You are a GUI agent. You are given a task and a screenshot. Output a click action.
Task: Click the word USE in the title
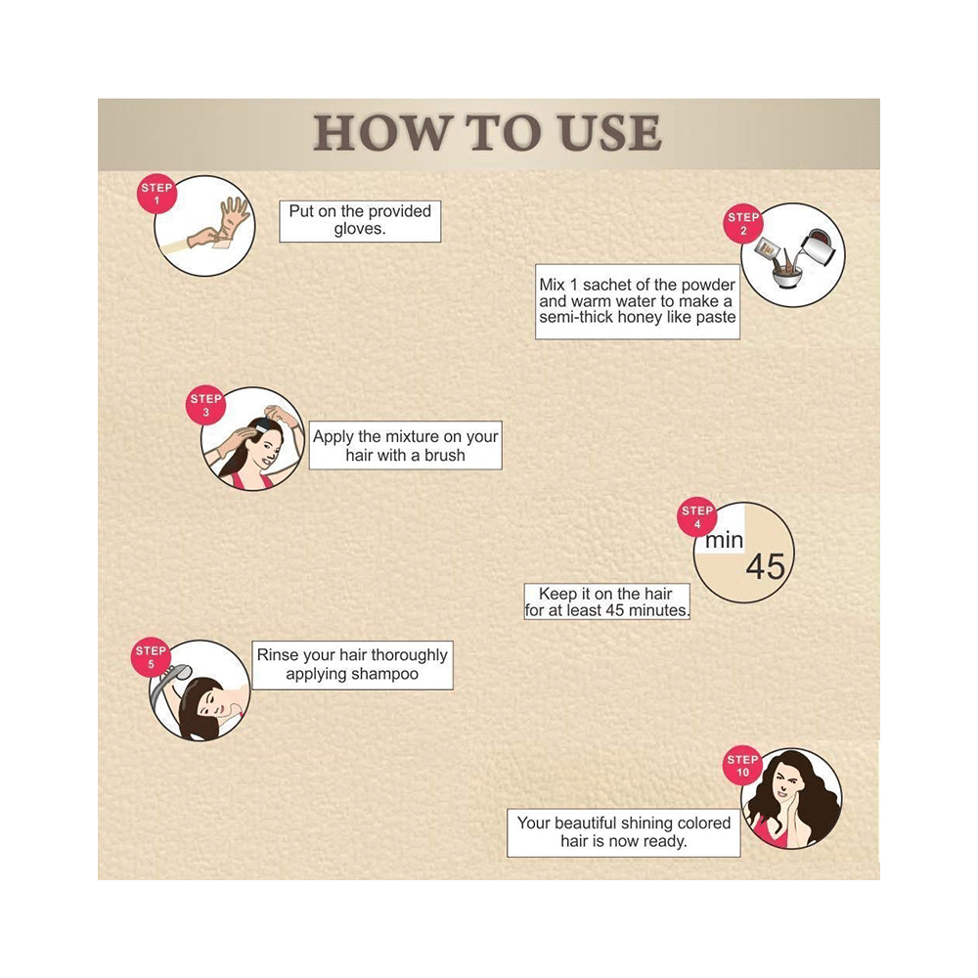click(x=610, y=133)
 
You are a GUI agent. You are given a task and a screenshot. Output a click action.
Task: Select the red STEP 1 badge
click(x=156, y=194)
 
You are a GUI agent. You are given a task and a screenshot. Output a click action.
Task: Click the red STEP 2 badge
click(x=743, y=223)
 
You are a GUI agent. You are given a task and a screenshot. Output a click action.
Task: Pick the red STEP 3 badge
click(x=205, y=405)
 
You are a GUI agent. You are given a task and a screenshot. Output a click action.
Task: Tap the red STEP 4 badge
click(x=697, y=517)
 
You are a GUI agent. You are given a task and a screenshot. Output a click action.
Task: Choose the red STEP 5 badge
click(x=151, y=657)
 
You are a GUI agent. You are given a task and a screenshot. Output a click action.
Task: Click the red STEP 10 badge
click(x=743, y=766)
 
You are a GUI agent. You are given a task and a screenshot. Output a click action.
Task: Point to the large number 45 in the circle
click(x=766, y=567)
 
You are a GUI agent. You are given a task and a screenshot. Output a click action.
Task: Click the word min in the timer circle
click(x=724, y=540)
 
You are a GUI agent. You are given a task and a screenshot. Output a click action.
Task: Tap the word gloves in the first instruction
click(x=360, y=229)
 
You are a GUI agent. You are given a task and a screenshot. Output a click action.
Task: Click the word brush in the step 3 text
click(x=445, y=456)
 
